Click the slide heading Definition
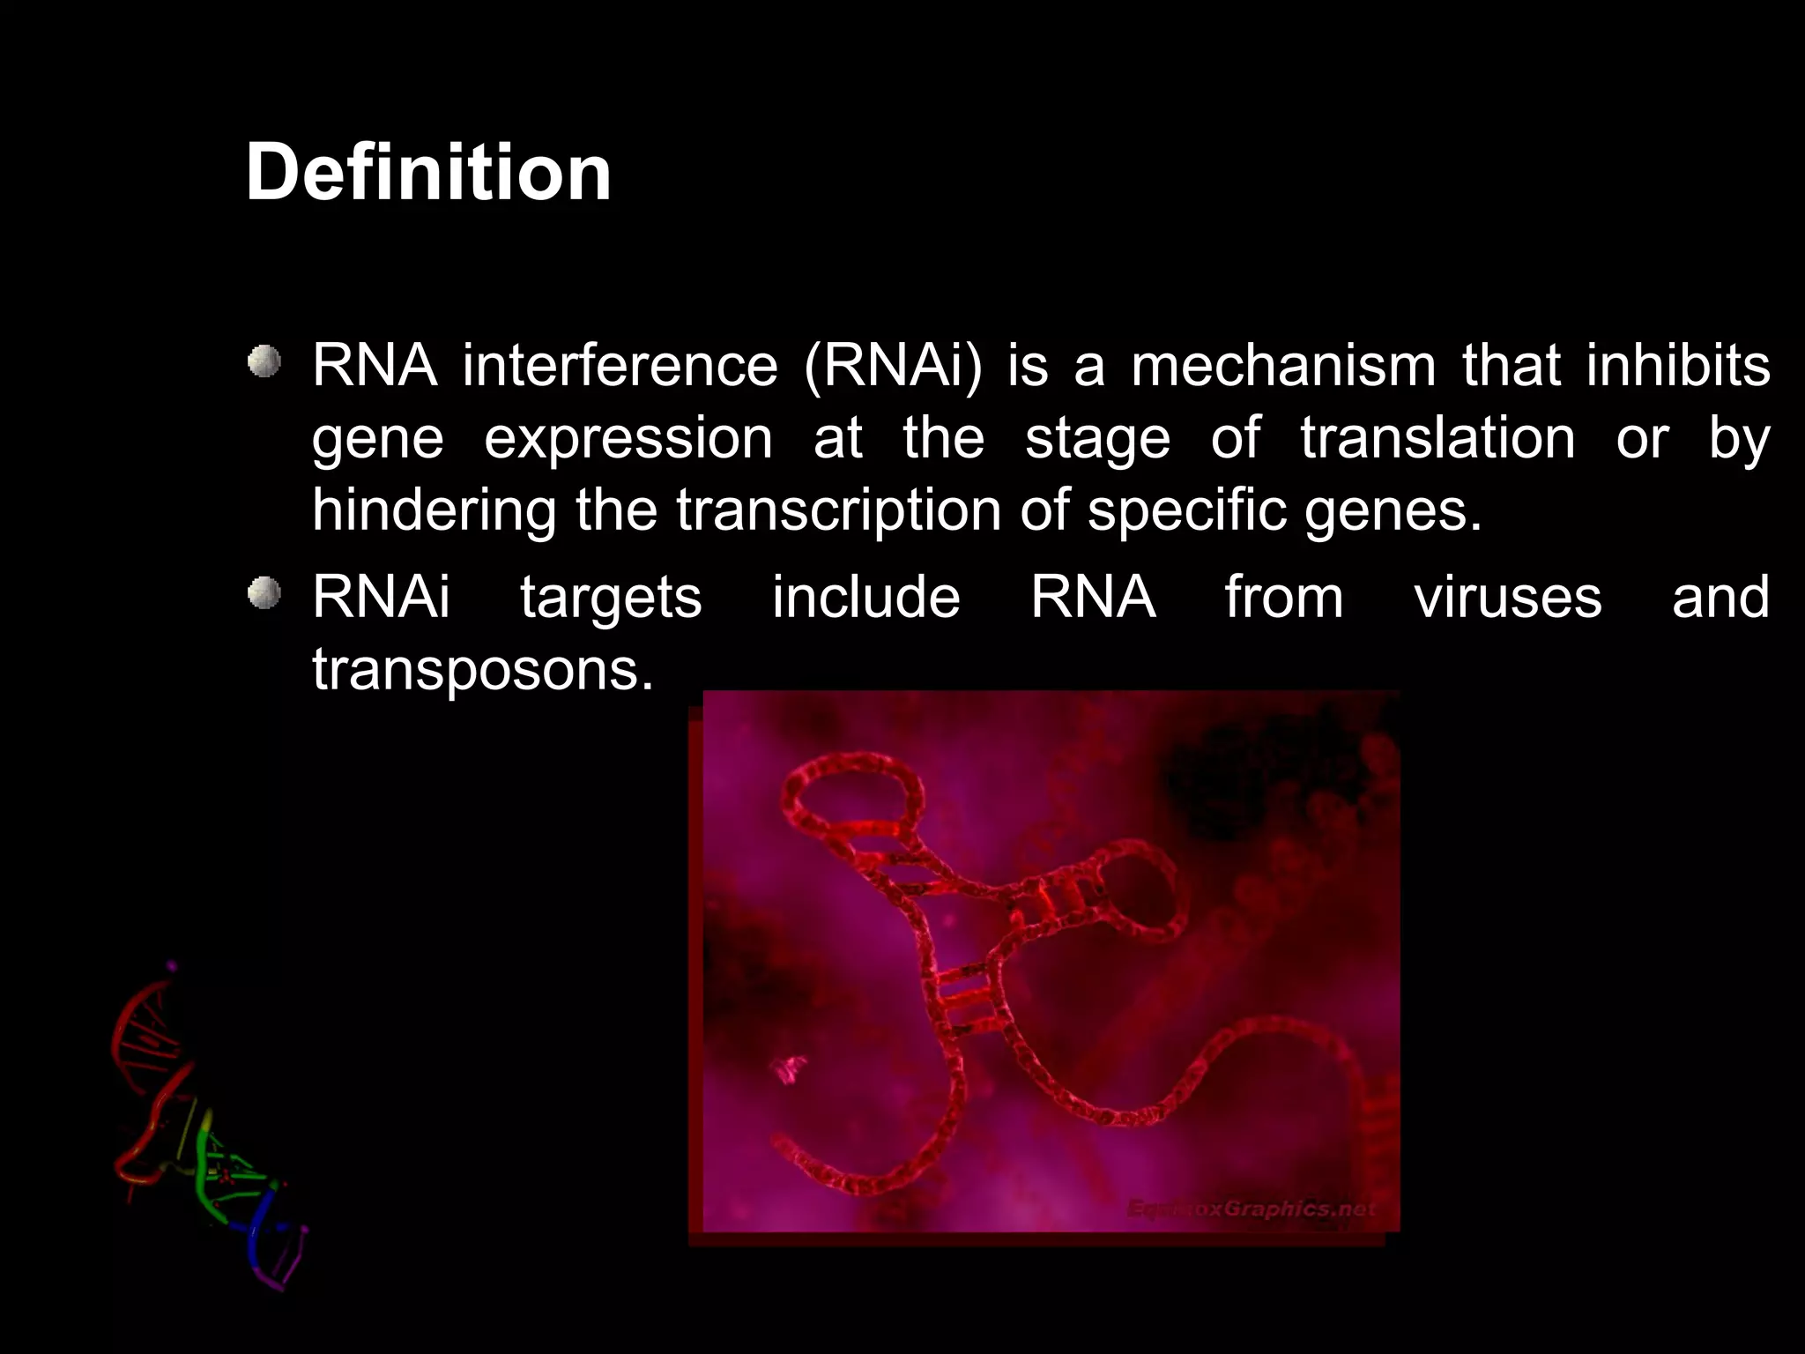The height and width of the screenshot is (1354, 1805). pos(428,173)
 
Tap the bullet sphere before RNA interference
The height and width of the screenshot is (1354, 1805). pos(264,362)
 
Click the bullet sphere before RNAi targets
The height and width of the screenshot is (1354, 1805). pos(264,593)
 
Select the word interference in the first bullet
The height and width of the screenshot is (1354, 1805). pos(620,366)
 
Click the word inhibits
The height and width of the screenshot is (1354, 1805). pos(1677,366)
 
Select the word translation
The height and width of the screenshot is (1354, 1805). pos(1437,438)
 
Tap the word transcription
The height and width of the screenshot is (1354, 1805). pos(838,510)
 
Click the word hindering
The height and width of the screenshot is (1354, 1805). pos(434,510)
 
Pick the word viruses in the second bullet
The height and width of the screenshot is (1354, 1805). pos(1507,598)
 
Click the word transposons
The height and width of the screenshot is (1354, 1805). pos(482,670)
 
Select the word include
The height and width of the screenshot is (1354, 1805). pos(865,598)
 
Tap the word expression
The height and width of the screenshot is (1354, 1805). pos(628,438)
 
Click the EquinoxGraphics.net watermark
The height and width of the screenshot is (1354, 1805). pos(1252,1209)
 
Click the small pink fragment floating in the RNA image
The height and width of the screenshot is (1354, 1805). pos(790,1068)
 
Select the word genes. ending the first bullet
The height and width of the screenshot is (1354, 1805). pos(1393,510)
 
